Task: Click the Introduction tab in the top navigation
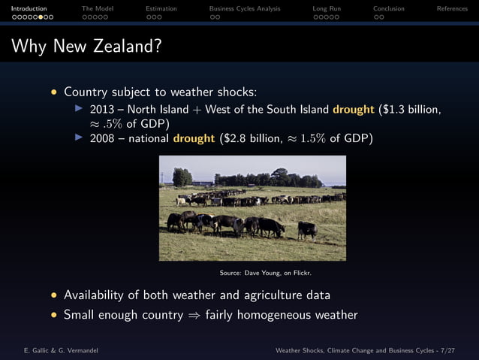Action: click(29, 9)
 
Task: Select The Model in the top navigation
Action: click(98, 9)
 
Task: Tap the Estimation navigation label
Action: click(161, 9)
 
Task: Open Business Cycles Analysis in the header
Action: click(245, 9)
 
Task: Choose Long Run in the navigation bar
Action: click(327, 9)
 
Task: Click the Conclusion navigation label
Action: click(389, 9)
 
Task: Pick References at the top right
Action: click(452, 9)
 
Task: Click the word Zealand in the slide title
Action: click(127, 47)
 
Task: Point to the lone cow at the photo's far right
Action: click(307, 229)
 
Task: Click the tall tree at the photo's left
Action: click(182, 177)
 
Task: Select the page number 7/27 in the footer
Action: click(457, 350)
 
